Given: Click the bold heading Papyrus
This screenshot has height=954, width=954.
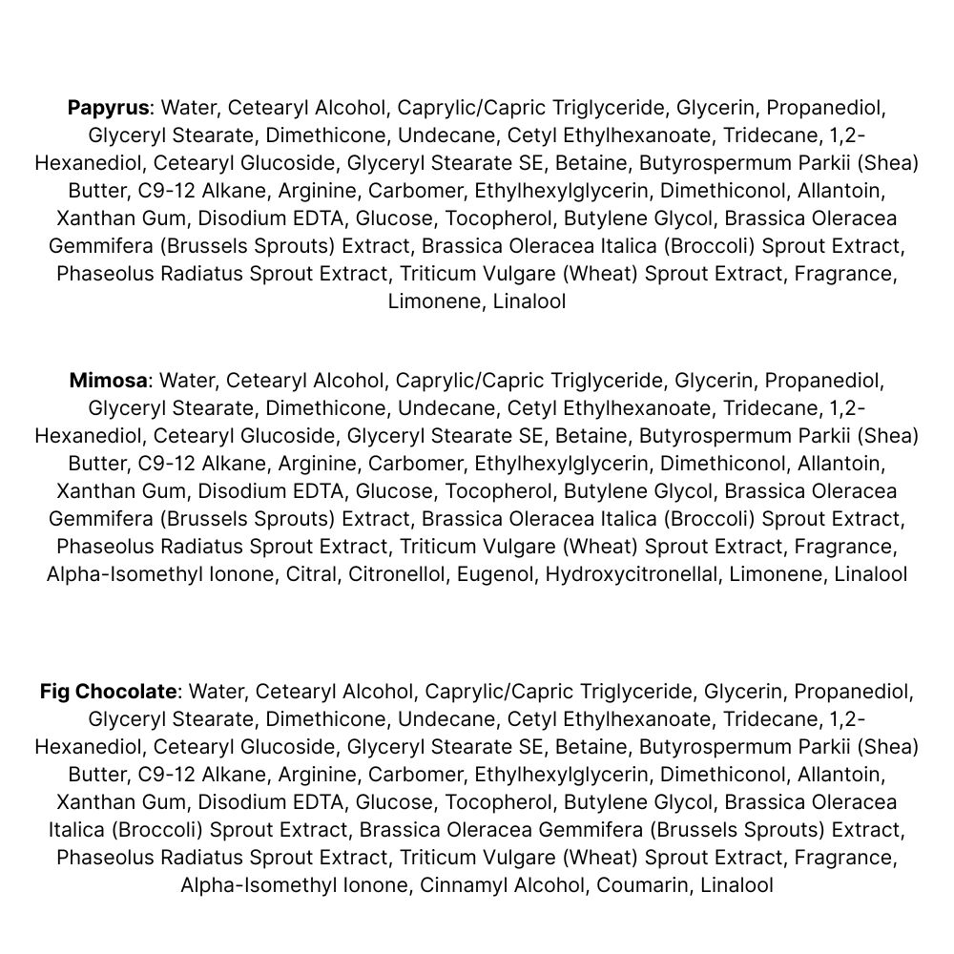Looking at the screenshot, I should [109, 108].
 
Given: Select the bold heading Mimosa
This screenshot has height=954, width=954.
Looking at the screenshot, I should [108, 382].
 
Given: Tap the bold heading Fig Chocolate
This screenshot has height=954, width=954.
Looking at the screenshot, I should [108, 692].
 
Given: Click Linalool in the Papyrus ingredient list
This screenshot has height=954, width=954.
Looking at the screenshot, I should [529, 302].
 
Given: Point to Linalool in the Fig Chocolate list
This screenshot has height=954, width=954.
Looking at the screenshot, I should [736, 885].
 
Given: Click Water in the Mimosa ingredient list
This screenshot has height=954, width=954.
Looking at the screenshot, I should [186, 382].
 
